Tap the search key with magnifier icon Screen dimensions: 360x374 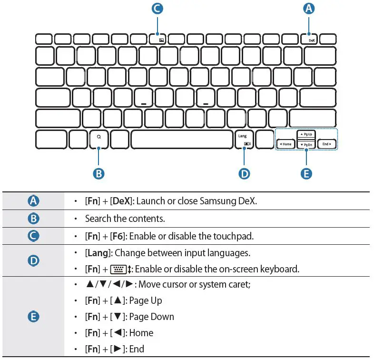click(x=98, y=139)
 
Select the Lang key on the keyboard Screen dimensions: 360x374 click(x=244, y=139)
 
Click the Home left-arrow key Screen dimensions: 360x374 click(x=285, y=144)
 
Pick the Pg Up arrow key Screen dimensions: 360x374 click(x=306, y=135)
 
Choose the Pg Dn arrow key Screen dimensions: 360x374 click(x=306, y=144)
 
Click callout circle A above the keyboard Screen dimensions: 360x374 click(x=309, y=9)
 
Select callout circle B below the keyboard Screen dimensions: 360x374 click(x=98, y=173)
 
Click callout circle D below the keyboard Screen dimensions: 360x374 click(x=244, y=173)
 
